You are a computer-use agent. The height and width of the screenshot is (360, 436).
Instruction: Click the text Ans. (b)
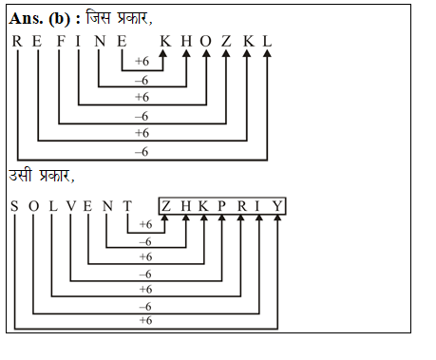[38, 18]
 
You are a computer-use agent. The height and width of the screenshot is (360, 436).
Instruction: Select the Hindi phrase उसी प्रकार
[42, 177]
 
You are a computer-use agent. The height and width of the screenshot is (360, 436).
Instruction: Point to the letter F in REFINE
[59, 41]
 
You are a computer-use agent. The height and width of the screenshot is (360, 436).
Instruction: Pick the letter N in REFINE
[100, 41]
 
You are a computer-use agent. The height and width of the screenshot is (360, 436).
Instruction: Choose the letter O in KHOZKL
[206, 41]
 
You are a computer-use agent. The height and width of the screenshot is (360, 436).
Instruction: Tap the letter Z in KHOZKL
[226, 41]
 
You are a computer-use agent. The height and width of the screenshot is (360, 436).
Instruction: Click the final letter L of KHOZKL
[268, 41]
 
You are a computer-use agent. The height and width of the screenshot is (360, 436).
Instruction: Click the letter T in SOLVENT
[124, 206]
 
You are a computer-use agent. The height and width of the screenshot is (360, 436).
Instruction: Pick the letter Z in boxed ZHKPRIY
[165, 206]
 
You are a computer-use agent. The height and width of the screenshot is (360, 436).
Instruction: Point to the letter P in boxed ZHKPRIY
[220, 206]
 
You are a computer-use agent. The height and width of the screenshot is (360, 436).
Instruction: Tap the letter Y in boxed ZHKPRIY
[276, 206]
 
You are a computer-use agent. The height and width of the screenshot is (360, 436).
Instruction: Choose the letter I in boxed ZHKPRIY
[258, 206]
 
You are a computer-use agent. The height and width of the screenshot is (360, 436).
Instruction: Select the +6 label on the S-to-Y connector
[145, 321]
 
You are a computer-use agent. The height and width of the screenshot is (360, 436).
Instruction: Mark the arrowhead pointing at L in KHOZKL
[268, 55]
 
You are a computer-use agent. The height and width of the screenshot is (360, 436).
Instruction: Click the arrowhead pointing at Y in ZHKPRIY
[276, 220]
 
